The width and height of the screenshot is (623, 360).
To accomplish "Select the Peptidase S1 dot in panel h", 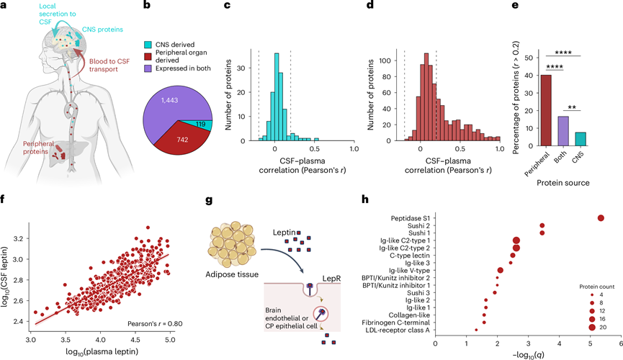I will point(601,218).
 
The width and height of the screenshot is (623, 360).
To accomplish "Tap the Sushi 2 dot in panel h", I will point(542,225).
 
